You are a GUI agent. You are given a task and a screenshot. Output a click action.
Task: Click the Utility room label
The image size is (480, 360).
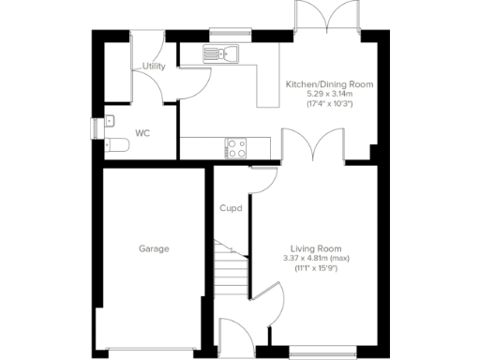pyautogui.click(x=154, y=67)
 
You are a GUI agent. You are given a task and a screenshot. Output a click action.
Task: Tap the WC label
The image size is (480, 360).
pyautogui.click(x=142, y=133)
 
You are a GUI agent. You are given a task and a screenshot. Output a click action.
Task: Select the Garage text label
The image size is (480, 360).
pyautogui.click(x=154, y=248)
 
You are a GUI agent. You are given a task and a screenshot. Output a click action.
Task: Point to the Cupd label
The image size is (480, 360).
pyautogui.click(x=231, y=208)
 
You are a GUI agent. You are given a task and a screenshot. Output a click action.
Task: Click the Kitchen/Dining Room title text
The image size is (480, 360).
pyautogui.click(x=329, y=84)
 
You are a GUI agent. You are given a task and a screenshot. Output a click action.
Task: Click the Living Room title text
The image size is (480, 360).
pyautogui.click(x=315, y=247)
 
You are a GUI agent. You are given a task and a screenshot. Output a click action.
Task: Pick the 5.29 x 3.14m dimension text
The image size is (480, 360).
pyautogui.click(x=329, y=94)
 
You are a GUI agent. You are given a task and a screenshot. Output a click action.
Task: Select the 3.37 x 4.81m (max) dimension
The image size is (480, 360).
pyautogui.click(x=315, y=258)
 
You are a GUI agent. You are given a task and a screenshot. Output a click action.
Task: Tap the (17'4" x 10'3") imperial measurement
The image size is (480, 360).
pyautogui.click(x=329, y=104)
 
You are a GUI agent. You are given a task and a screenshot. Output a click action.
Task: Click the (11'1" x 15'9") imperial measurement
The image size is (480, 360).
pyautogui.click(x=315, y=268)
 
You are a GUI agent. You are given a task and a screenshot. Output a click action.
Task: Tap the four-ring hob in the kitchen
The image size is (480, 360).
pyautogui.click(x=235, y=147)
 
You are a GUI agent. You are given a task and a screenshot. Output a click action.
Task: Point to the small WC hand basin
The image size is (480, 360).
pyautogui.click(x=109, y=121)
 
